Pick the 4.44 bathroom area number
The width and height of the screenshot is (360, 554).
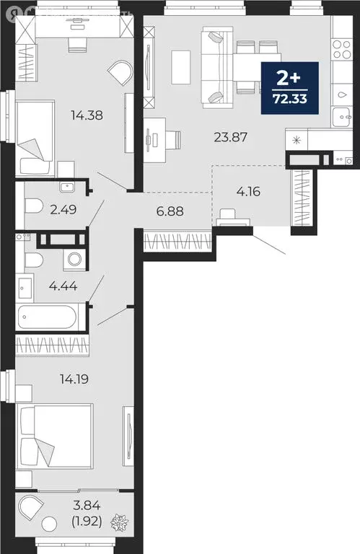pos(63,286)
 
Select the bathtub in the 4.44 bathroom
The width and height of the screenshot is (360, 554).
pos(51,317)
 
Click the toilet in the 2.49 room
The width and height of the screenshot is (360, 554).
pos(34,206)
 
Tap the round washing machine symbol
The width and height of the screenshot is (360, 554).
pos(72,259)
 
